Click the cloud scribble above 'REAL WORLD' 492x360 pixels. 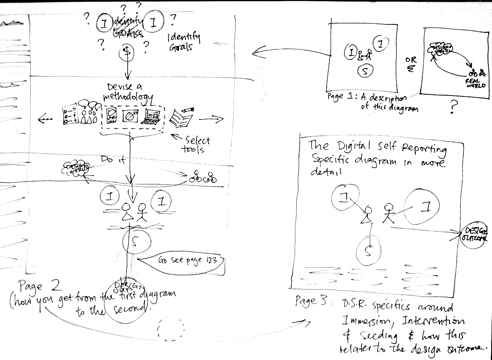click(x=441, y=46)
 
